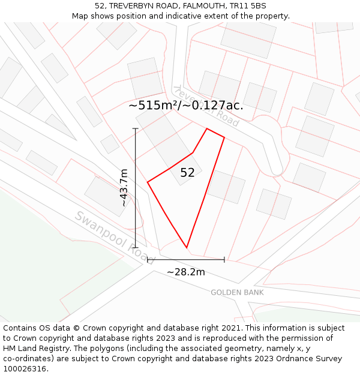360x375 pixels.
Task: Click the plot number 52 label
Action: coord(187,173)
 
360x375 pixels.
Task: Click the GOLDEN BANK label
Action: coord(237,292)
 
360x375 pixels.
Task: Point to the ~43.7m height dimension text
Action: coord(124,188)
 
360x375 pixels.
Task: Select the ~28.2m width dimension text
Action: coord(185,272)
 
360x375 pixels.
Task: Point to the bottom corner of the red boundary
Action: coord(187,247)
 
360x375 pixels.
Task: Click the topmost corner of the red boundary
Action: coord(207,128)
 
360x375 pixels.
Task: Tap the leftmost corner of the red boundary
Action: coord(148,181)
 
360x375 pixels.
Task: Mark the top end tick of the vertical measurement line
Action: coord(136,128)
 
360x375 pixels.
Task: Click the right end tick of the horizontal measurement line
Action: coord(224,260)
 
